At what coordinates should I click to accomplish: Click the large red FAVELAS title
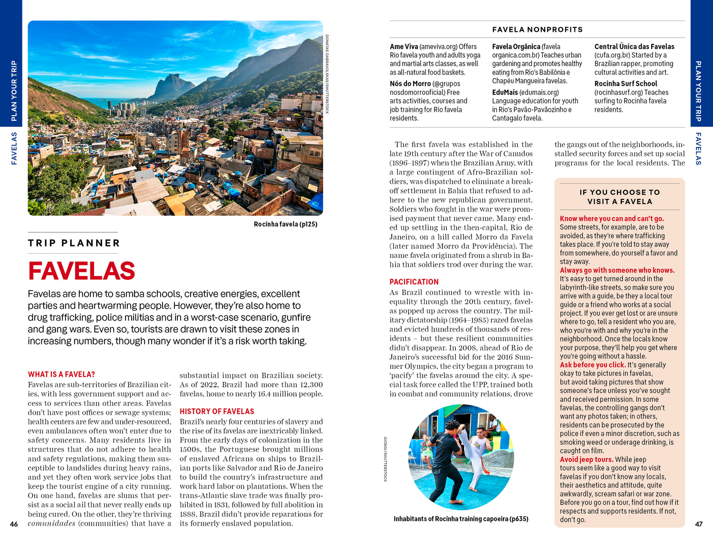pyautogui.click(x=81, y=271)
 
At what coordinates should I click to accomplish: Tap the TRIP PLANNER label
pyautogui.click(x=74, y=243)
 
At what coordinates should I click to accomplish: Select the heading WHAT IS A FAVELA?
pyautogui.click(x=61, y=374)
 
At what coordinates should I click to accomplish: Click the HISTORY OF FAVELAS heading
pyautogui.click(x=217, y=412)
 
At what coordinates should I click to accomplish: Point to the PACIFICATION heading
pyautogui.click(x=414, y=282)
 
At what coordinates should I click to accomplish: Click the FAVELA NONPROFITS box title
pyautogui.click(x=537, y=29)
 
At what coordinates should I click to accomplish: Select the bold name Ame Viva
pyautogui.click(x=404, y=47)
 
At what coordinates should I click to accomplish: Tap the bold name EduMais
pyautogui.click(x=505, y=92)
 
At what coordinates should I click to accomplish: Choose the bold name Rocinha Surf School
pyautogui.click(x=626, y=84)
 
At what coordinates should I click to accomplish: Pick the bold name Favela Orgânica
pyautogui.click(x=516, y=47)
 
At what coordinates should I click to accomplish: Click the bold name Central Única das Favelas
pyautogui.click(x=634, y=47)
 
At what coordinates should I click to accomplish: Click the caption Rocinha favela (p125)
pyautogui.click(x=285, y=224)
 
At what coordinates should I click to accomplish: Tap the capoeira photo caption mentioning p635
pyautogui.click(x=461, y=519)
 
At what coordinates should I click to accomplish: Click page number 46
pyautogui.click(x=14, y=524)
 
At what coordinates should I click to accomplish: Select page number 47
pyautogui.click(x=699, y=524)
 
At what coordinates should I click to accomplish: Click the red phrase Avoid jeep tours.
pyautogui.click(x=586, y=460)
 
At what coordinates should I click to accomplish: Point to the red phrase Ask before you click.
pyautogui.click(x=592, y=365)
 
